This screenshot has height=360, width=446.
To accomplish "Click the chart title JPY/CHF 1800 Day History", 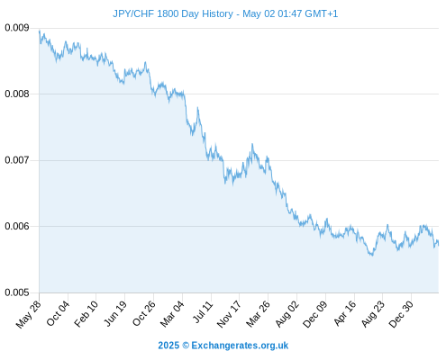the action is click(173, 13).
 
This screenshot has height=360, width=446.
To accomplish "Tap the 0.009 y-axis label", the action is click(17, 28).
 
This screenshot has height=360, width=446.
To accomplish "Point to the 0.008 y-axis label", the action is click(17, 94).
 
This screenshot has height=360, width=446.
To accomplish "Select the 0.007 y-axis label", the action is click(17, 160).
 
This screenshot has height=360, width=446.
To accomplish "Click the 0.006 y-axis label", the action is click(17, 226).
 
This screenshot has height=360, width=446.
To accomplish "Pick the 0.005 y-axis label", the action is click(17, 292).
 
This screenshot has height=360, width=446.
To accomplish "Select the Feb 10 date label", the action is click(86, 314).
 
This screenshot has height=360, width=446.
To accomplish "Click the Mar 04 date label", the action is click(172, 314).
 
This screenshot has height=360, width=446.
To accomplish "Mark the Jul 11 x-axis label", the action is click(203, 312).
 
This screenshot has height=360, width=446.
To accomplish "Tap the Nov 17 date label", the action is click(229, 314).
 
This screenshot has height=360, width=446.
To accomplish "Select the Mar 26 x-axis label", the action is click(258, 314).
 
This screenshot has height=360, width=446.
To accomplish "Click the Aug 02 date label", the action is click(287, 314).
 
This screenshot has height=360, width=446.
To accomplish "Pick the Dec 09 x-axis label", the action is click(315, 314).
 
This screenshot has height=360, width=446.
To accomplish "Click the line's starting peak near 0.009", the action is click(40, 31).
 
